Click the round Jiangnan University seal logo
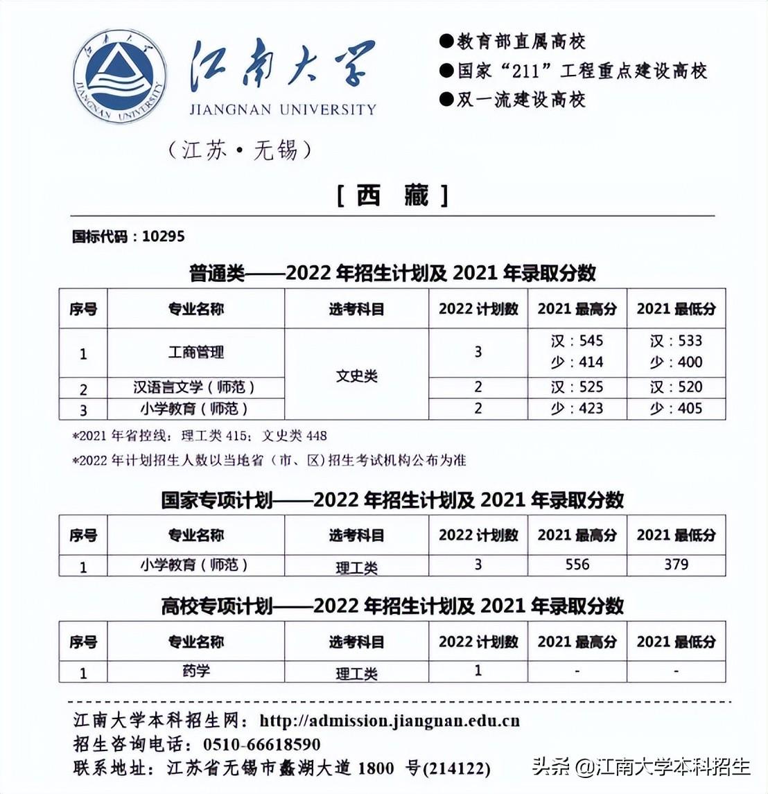tap(119, 78)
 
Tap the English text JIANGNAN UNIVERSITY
tap(283, 109)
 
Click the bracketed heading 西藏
tap(392, 196)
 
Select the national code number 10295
tap(164, 236)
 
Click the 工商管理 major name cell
tap(196, 353)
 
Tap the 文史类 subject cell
tap(356, 376)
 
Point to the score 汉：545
tap(577, 341)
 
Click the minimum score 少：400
tap(676, 362)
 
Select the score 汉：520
tap(676, 387)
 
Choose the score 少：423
tap(577, 409)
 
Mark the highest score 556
tap(577, 564)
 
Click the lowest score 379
tap(676, 564)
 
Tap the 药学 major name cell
tap(196, 671)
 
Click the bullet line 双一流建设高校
tap(521, 100)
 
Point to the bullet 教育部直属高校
tap(521, 42)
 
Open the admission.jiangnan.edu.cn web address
tap(390, 721)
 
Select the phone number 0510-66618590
tap(262, 745)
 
